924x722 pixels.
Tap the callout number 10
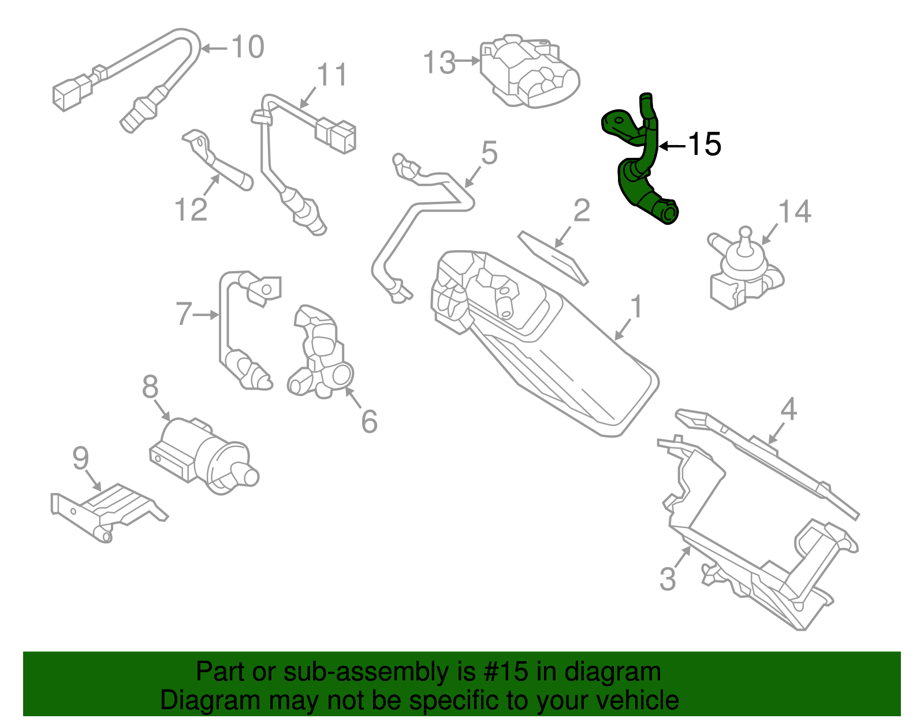point(248,47)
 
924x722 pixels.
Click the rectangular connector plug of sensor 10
point(70,92)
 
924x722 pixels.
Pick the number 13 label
point(439,62)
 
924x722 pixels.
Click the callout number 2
point(582,211)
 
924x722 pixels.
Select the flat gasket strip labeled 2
point(554,257)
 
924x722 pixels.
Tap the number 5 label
point(489,153)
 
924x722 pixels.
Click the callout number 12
point(191,210)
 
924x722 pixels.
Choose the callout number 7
point(184,314)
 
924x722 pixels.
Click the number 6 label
point(369,421)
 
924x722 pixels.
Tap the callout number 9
point(81,458)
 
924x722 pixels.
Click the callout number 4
point(788,410)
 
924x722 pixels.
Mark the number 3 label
point(667,579)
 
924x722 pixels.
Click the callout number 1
point(636,307)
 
